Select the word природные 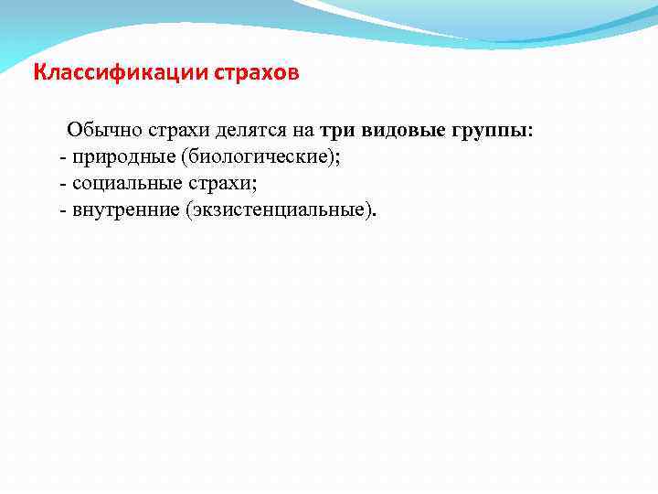tap(114, 157)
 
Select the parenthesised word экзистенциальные tap(278, 210)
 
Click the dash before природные tap(62, 157)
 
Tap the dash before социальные tap(62, 184)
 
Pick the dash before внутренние tap(62, 210)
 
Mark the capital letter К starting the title tap(39, 72)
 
